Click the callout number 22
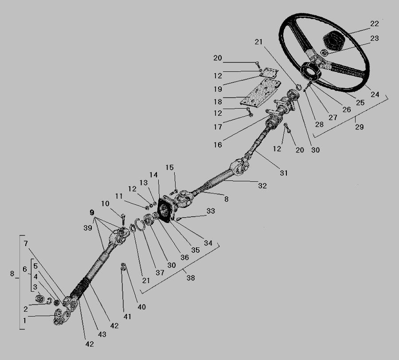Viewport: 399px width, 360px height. [374, 23]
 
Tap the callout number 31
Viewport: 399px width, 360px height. [284, 173]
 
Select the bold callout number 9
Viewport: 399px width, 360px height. [92, 212]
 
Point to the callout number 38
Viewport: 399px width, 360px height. [191, 278]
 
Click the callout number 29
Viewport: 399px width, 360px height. [359, 127]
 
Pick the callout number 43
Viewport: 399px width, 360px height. [102, 334]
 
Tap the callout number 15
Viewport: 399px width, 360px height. [169, 168]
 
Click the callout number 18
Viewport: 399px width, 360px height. [218, 102]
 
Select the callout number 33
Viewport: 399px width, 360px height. [211, 211]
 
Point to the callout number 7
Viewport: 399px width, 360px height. [26, 243]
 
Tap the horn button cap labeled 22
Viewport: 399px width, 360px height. [333, 41]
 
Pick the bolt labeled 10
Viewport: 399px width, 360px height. [123, 219]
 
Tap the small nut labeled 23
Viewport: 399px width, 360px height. [324, 53]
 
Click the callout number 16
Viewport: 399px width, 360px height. [218, 145]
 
